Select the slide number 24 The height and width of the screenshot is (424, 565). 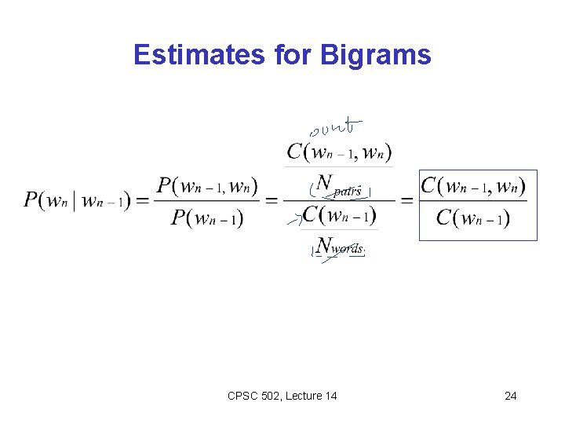pyautogui.click(x=510, y=396)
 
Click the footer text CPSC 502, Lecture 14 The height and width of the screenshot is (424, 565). pyautogui.click(x=282, y=396)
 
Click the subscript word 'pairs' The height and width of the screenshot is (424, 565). pyautogui.click(x=347, y=190)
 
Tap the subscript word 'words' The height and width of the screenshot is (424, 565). pyautogui.click(x=348, y=249)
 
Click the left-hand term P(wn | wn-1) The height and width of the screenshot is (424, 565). pyautogui.click(x=75, y=200)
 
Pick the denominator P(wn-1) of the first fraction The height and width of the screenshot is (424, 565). pyautogui.click(x=206, y=217)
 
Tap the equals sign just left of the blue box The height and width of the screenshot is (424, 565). pyautogui.click(x=406, y=201)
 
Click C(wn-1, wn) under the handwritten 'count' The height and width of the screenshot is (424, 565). pyautogui.click(x=339, y=152)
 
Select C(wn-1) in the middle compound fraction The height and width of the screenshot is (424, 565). pyautogui.click(x=339, y=214)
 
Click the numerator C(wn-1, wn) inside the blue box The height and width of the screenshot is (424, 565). pyautogui.click(x=473, y=187)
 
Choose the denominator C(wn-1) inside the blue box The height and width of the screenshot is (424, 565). pyautogui.click(x=473, y=217)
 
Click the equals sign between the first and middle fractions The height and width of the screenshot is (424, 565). pyautogui.click(x=271, y=201)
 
